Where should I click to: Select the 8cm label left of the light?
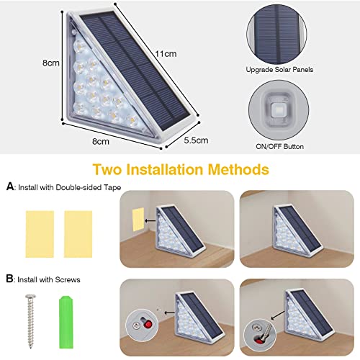50,63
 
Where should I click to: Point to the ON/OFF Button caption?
274,146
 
